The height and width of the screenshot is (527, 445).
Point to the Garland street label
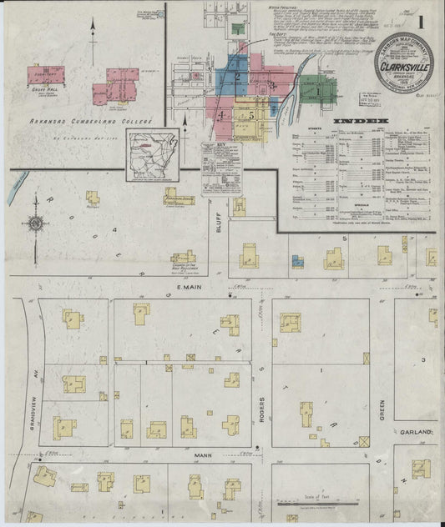click(x=422, y=433)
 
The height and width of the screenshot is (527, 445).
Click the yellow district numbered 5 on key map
click(x=250, y=114)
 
